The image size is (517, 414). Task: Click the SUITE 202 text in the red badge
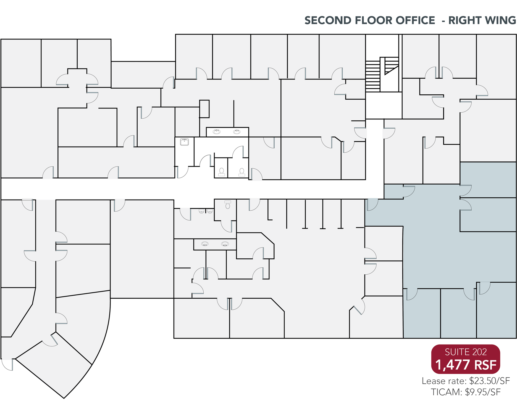click(x=466, y=352)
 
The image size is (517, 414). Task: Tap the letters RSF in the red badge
click(x=485, y=365)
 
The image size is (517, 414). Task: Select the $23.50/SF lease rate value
click(x=489, y=381)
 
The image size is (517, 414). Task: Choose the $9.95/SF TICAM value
click(x=483, y=392)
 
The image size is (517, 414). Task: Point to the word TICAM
click(x=447, y=392)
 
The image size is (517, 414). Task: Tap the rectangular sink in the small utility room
click(x=184, y=142)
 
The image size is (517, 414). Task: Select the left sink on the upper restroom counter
click(x=216, y=132)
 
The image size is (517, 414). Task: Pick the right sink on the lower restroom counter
click(x=225, y=244)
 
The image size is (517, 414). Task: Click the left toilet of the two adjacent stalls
click(x=221, y=172)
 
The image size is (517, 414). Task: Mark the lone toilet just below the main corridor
click(x=228, y=205)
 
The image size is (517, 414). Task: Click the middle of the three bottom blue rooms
click(x=458, y=313)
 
